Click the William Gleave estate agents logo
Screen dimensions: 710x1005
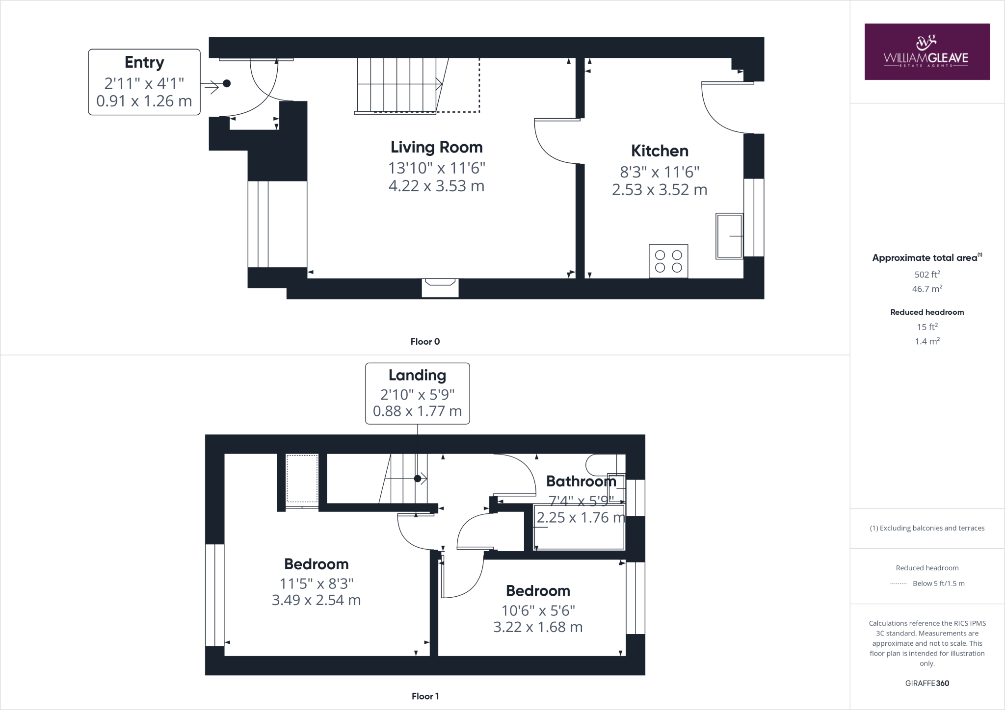point(926,51)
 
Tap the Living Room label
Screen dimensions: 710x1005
point(436,147)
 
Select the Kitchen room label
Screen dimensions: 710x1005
point(659,151)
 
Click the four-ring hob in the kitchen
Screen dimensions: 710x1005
point(668,261)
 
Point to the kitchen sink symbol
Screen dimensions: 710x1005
point(729,236)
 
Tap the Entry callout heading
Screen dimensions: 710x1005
point(144,62)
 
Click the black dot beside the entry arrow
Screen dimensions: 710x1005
point(227,84)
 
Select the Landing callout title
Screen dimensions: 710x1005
point(417,375)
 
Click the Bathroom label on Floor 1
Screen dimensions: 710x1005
point(581,481)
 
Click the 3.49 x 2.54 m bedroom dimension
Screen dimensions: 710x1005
point(316,600)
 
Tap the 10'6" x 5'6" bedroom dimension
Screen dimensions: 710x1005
point(538,610)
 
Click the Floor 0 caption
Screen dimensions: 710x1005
point(425,342)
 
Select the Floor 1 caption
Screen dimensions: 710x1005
point(425,696)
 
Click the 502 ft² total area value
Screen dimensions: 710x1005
point(926,275)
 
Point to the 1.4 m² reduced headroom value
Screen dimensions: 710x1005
point(926,341)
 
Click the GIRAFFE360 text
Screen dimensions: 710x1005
point(926,683)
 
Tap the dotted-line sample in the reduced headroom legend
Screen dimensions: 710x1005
point(898,583)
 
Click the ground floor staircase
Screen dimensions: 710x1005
point(397,85)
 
